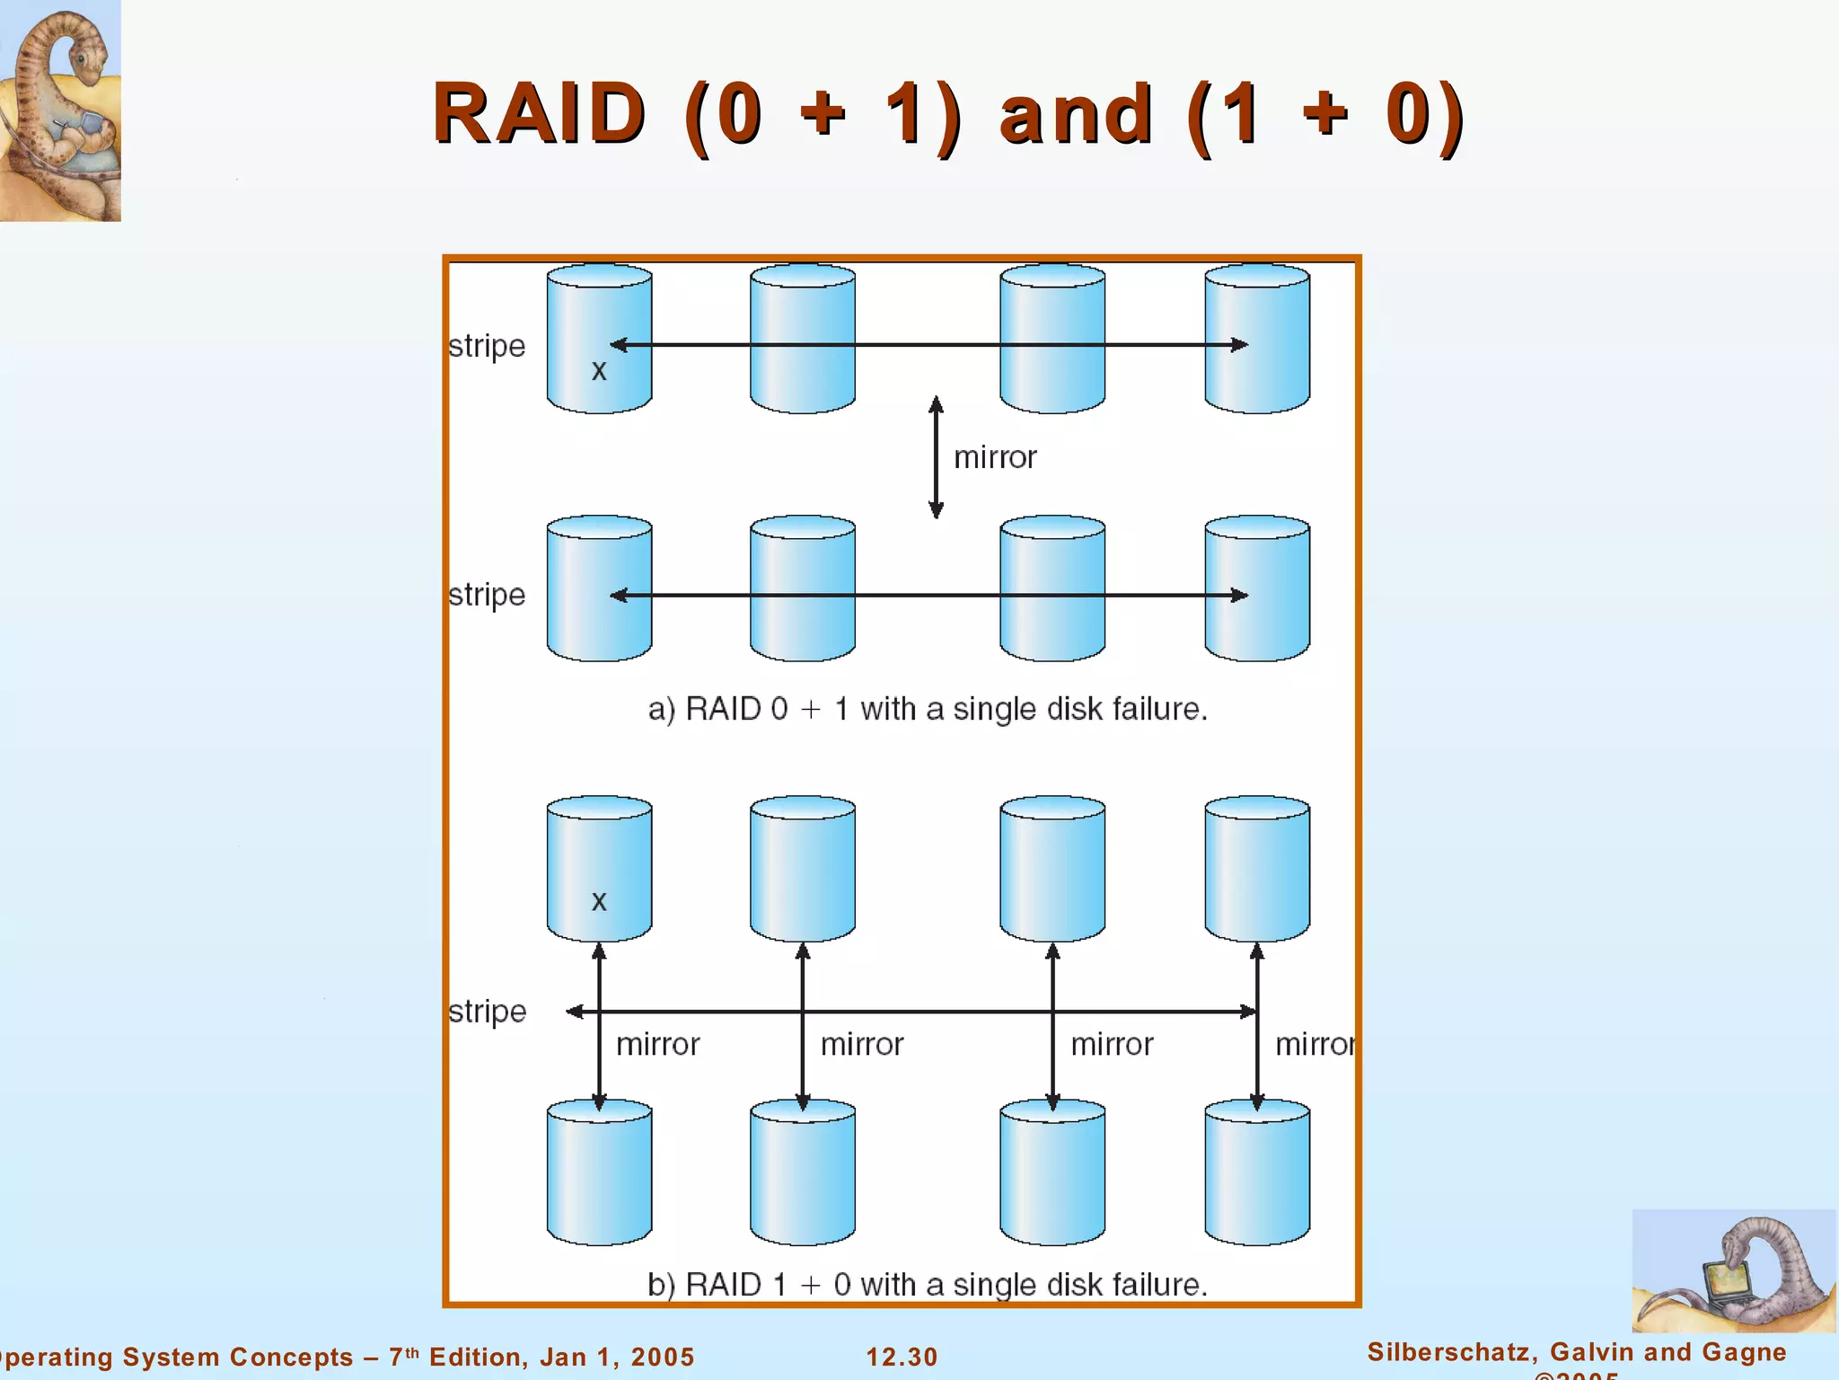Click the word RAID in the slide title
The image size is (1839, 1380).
pyautogui.click(x=539, y=114)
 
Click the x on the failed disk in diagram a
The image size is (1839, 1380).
pyautogui.click(x=599, y=370)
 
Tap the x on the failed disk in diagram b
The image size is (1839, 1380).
pyautogui.click(x=599, y=901)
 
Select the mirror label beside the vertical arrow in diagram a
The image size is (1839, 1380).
pyautogui.click(x=995, y=457)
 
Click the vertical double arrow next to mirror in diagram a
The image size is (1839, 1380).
pyautogui.click(x=936, y=457)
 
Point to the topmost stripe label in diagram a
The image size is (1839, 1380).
pyautogui.click(x=487, y=346)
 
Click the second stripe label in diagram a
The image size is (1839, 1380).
pyautogui.click(x=487, y=595)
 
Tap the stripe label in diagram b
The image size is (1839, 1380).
pyautogui.click(x=487, y=1012)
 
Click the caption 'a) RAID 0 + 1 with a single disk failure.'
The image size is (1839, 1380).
pyautogui.click(x=928, y=709)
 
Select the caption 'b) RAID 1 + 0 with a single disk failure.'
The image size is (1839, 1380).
pyautogui.click(x=928, y=1284)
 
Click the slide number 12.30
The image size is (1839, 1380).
pyautogui.click(x=902, y=1357)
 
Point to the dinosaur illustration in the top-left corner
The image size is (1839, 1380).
pyautogui.click(x=60, y=110)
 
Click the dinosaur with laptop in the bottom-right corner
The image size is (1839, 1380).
pyautogui.click(x=1733, y=1270)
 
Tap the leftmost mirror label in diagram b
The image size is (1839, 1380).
pyautogui.click(x=657, y=1044)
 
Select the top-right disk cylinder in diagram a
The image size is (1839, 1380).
pyautogui.click(x=1256, y=339)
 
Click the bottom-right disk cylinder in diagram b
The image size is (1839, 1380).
pyautogui.click(x=1256, y=1172)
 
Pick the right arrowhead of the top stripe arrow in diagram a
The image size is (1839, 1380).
pyautogui.click(x=1239, y=344)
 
